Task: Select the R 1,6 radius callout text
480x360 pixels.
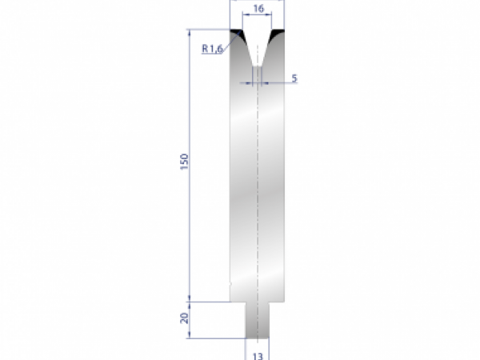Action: [x=212, y=49]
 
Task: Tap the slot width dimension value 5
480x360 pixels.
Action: [x=295, y=78]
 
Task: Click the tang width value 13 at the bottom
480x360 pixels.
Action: [x=258, y=353]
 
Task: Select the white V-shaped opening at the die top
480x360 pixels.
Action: [x=258, y=44]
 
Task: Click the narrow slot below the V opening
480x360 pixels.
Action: [x=258, y=74]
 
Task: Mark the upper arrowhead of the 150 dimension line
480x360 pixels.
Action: [x=190, y=33]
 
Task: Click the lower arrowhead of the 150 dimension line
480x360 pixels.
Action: [x=190, y=297]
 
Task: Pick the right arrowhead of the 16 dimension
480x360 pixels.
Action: [x=272, y=16]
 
